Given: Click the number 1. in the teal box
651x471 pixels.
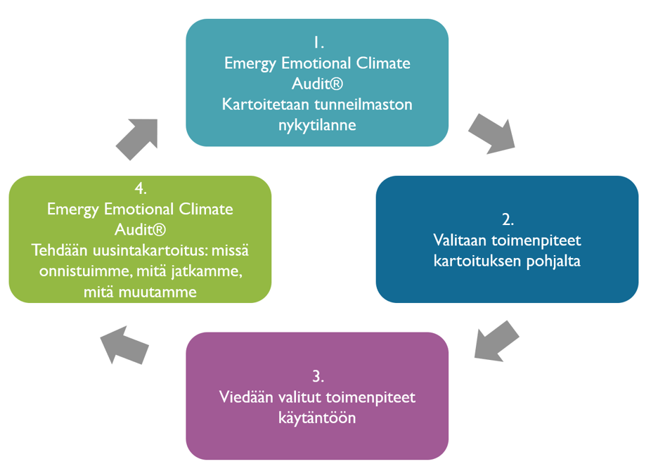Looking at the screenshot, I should tap(316, 42).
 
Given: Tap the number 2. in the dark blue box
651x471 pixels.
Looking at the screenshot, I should tap(507, 218).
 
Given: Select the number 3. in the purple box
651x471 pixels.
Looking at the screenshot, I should tap(316, 375).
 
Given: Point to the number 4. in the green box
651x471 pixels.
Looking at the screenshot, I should tap(139, 188).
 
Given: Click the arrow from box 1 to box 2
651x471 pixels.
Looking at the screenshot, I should tap(491, 132).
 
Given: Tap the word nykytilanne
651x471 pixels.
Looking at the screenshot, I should tap(316, 125).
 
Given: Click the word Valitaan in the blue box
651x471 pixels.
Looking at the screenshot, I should tap(458, 240).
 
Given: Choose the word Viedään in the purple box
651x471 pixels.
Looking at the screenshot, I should tap(243, 397).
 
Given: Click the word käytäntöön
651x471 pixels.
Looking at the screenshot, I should tap(316, 418).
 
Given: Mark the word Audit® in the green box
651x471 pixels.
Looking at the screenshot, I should tap(139, 229).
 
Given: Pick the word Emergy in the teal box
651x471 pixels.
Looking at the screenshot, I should tap(247, 63).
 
